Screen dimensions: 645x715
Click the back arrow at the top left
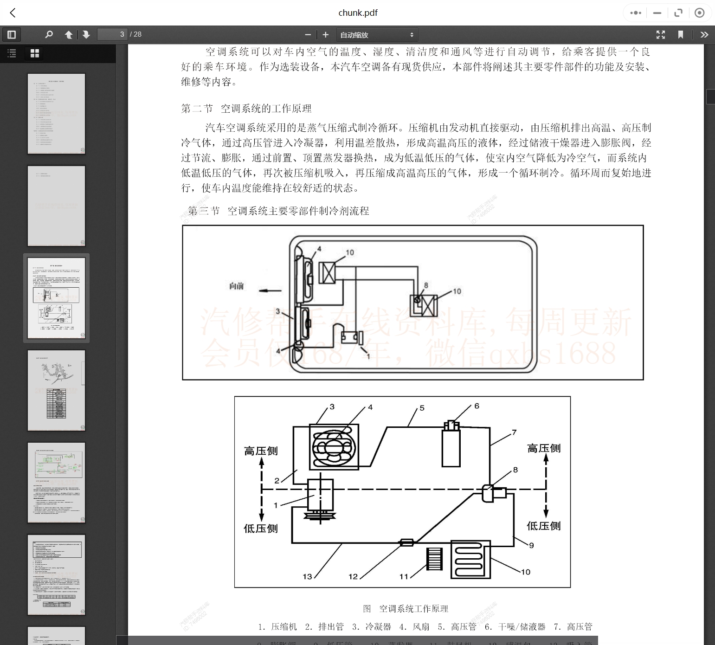click(13, 13)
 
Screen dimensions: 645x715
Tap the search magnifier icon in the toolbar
click(49, 34)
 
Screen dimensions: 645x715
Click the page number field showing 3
click(112, 34)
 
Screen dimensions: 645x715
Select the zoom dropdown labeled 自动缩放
click(376, 35)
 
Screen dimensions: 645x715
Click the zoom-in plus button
click(326, 35)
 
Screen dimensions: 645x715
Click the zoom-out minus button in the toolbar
click(308, 35)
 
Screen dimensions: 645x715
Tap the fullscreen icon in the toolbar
click(661, 35)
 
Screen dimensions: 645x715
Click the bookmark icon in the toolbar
click(681, 35)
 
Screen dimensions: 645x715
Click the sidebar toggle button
click(12, 35)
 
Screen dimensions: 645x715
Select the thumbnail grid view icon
click(35, 53)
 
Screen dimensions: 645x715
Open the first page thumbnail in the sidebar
click(57, 114)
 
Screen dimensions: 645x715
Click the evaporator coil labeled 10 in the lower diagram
click(470, 559)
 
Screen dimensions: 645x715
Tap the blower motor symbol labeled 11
click(434, 559)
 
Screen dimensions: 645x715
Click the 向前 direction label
click(237, 286)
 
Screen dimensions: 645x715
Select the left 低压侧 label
click(261, 529)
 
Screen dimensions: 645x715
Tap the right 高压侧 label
click(544, 448)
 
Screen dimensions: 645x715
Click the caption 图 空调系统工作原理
click(406, 609)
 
